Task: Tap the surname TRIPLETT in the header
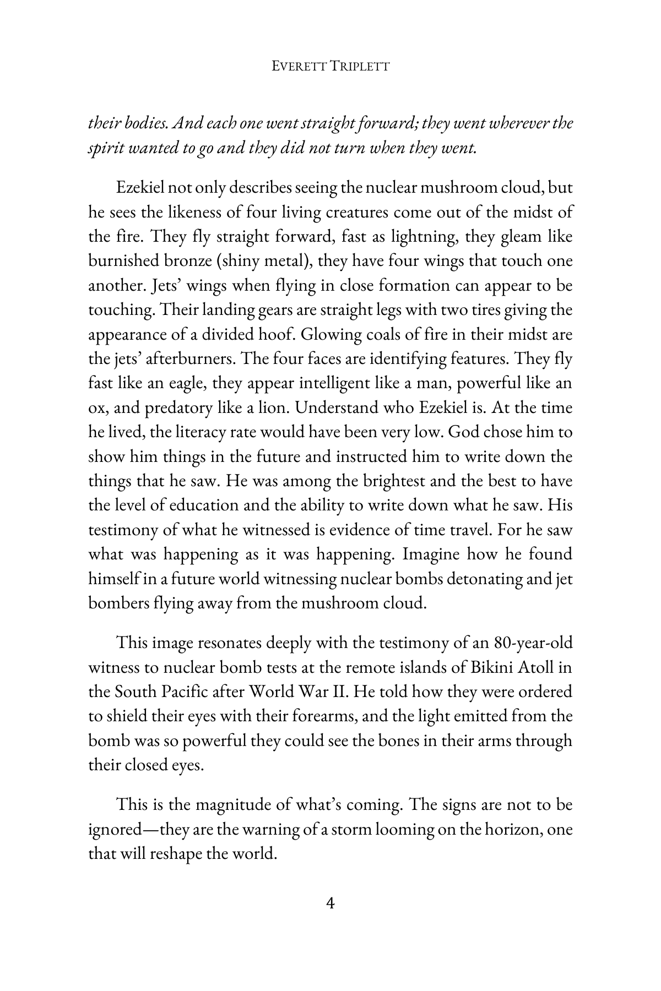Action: click(361, 67)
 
